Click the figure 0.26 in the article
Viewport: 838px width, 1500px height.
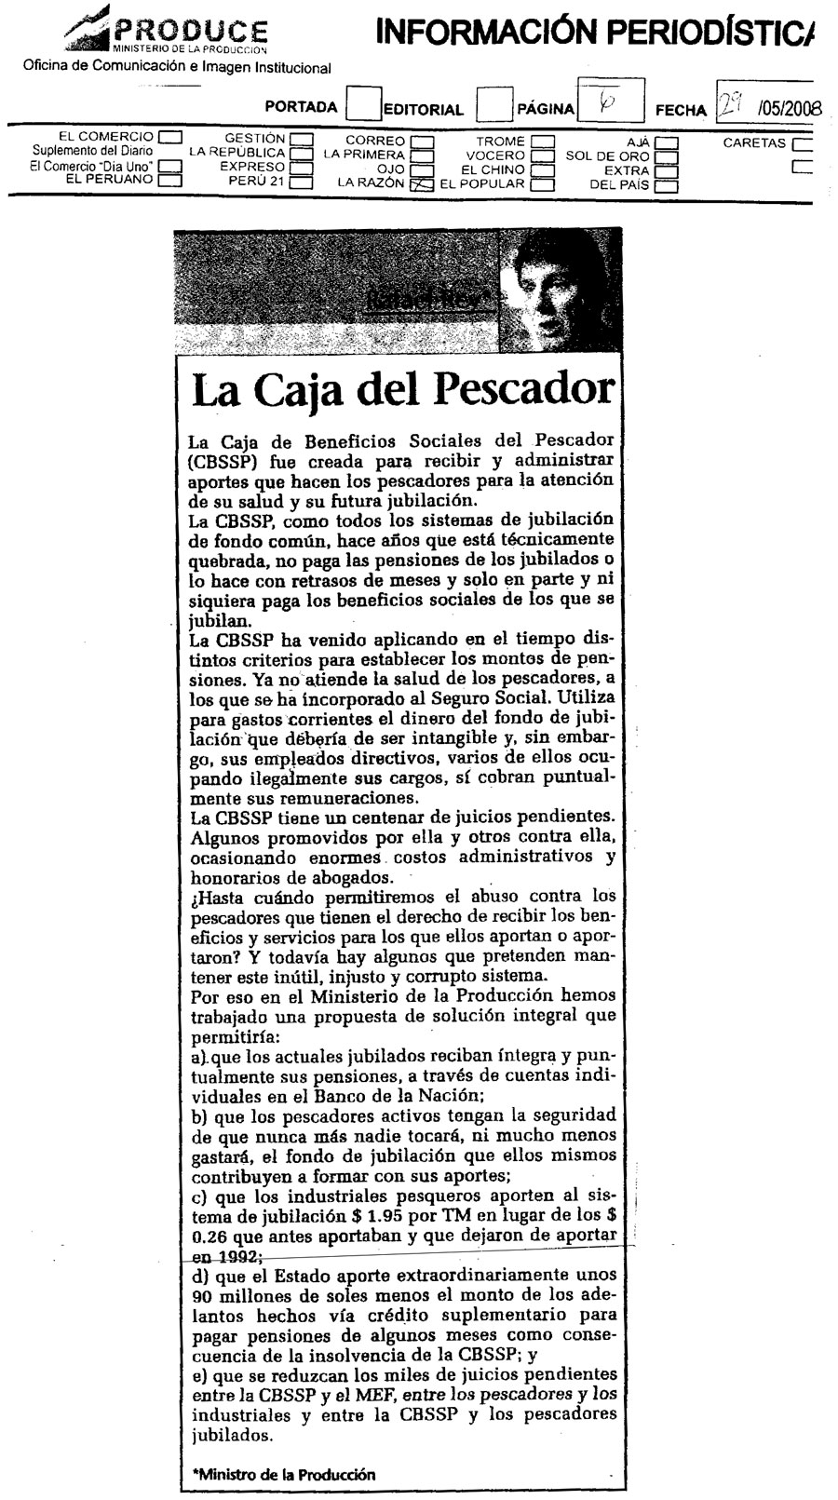click(x=207, y=1236)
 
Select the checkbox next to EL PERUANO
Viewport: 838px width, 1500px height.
click(x=169, y=182)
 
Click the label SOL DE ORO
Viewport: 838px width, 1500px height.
click(x=607, y=156)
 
